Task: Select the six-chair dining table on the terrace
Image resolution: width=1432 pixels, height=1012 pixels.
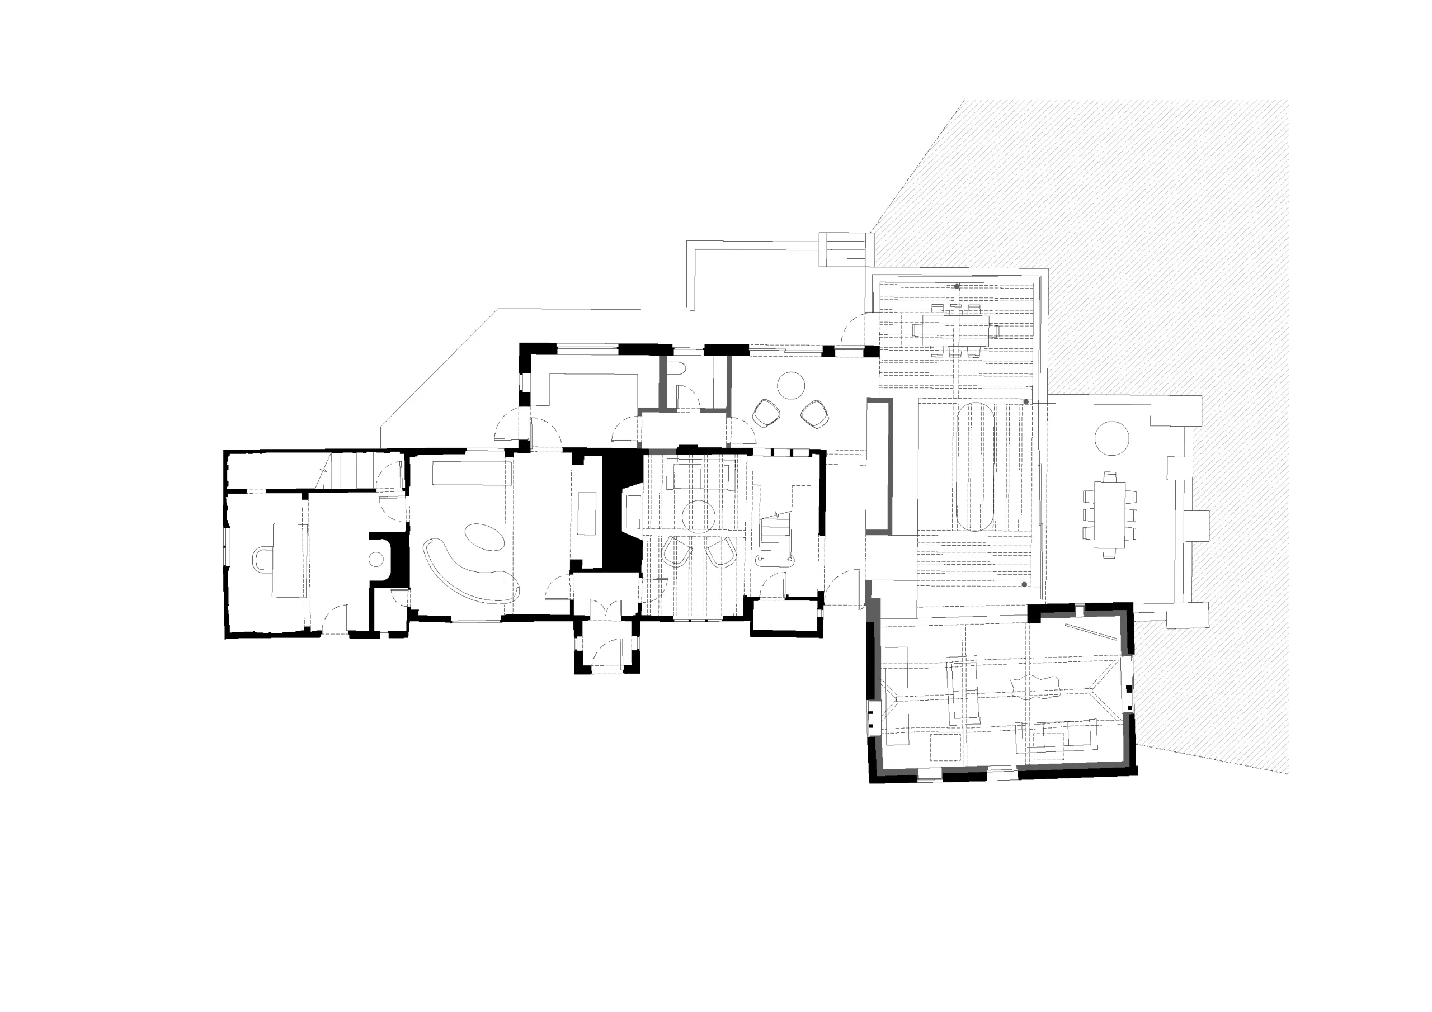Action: click(1109, 514)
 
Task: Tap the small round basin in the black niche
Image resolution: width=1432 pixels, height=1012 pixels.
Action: click(376, 559)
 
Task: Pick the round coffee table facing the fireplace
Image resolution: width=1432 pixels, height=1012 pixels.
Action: click(698, 516)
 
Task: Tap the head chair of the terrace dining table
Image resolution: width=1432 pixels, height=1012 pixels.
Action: click(1109, 477)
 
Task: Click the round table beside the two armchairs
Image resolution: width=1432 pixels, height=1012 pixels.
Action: click(791, 385)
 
